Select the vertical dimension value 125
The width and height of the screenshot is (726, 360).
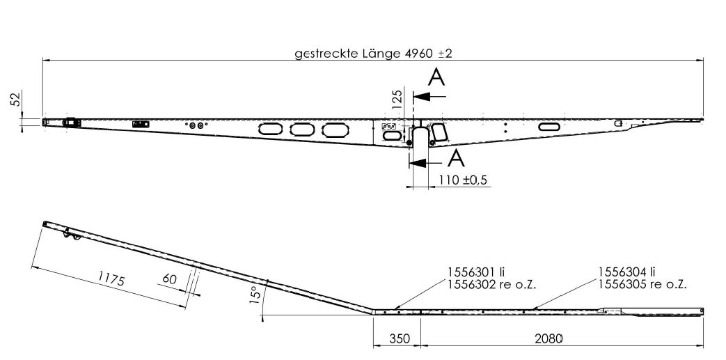pos(397,97)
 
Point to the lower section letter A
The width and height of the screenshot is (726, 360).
pos(455,159)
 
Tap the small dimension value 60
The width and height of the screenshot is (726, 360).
pos(169,279)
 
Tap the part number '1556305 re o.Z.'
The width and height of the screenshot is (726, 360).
pos(643,283)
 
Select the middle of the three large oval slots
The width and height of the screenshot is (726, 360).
pos(302,129)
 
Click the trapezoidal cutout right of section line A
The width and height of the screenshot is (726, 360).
pos(439,132)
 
